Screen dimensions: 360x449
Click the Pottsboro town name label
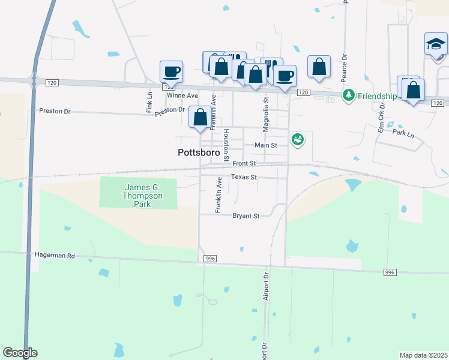pyautogui.click(x=199, y=152)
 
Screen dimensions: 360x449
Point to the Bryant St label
pyautogui.click(x=246, y=216)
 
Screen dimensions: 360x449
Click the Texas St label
pyautogui.click(x=244, y=178)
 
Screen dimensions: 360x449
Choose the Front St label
pyautogui.click(x=244, y=163)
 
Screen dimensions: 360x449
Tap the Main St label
pyautogui.click(x=265, y=145)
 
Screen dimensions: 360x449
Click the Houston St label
pyautogui.click(x=226, y=142)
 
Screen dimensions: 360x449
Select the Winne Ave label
pyautogui.click(x=182, y=95)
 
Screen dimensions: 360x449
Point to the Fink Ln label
pyautogui.click(x=149, y=102)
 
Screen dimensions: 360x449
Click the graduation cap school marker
pyautogui.click(x=436, y=44)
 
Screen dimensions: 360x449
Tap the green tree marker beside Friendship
pyautogui.click(x=348, y=95)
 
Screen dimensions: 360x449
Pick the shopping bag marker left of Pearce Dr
pyautogui.click(x=319, y=67)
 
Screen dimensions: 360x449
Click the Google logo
pyautogui.click(x=20, y=353)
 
